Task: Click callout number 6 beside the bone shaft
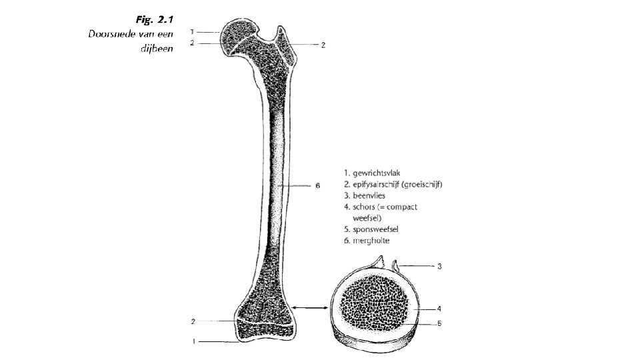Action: (318, 185)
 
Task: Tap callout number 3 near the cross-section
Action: (439, 266)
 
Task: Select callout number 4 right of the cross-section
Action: (439, 309)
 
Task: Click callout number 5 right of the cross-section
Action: (439, 324)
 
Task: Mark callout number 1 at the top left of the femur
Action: (192, 31)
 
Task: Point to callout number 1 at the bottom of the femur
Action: (193, 342)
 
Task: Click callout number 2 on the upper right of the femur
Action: (323, 45)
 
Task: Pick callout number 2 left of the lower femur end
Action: (193, 321)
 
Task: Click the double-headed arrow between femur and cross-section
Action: (310, 308)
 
